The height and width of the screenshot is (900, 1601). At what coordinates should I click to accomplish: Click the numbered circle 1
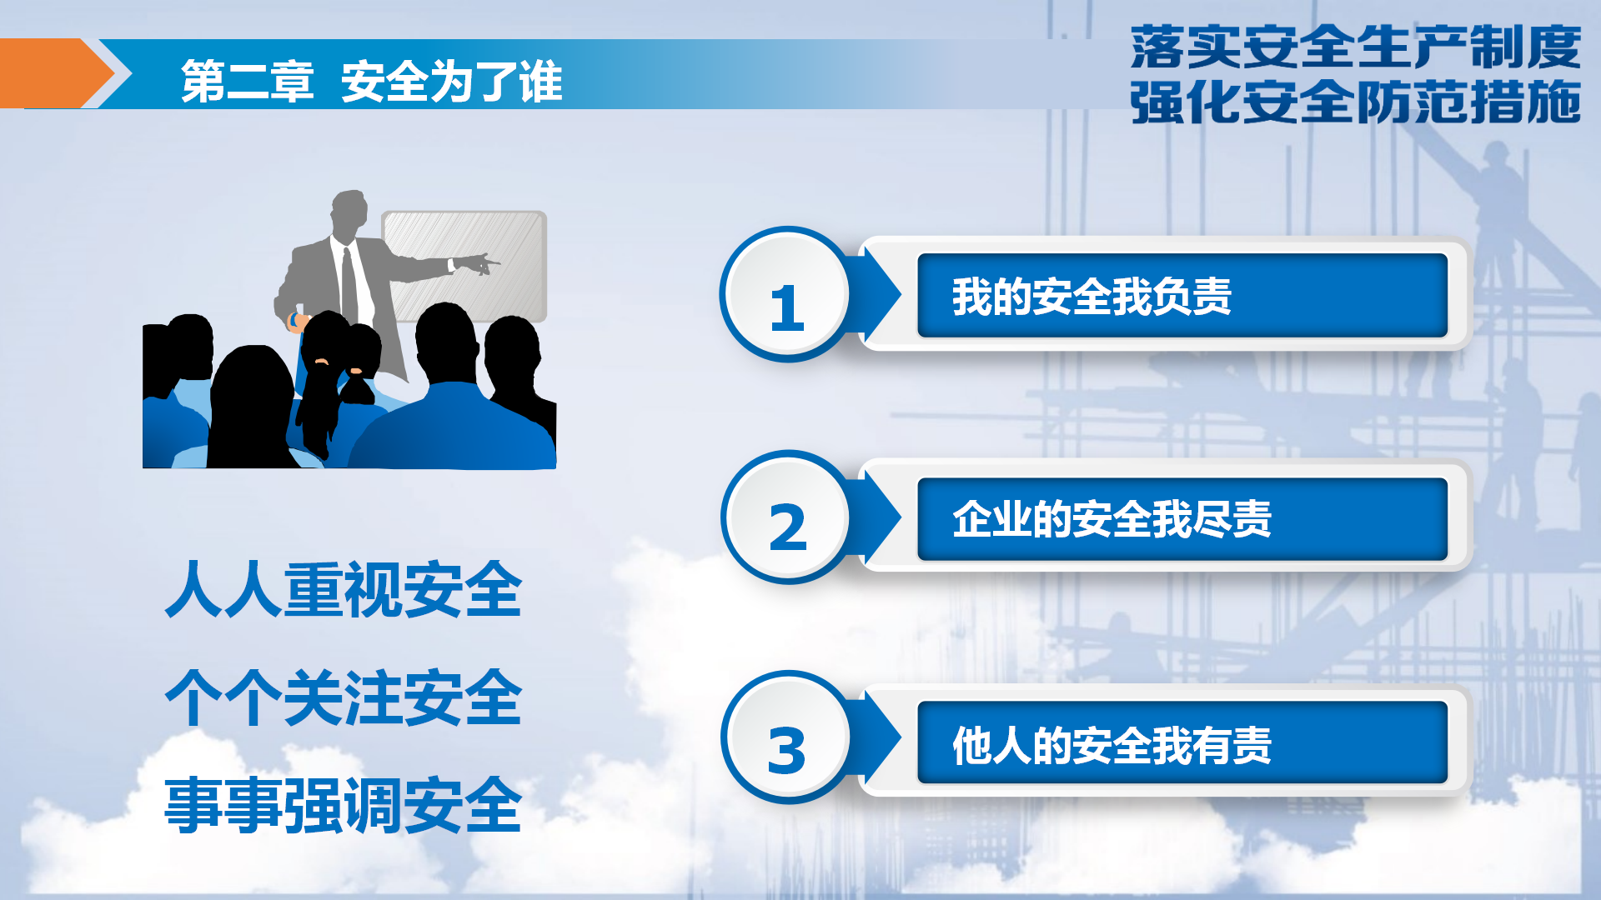pyautogui.click(x=785, y=294)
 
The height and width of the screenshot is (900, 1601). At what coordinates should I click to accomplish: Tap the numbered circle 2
pyautogui.click(x=785, y=517)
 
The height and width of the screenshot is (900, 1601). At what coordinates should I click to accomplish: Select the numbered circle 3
pyautogui.click(x=785, y=737)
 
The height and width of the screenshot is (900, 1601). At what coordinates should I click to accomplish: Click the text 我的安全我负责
pyautogui.click(x=1092, y=297)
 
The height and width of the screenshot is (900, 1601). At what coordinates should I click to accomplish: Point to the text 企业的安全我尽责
pyautogui.click(x=1112, y=519)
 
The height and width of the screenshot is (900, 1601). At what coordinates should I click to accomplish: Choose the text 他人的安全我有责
pyautogui.click(x=1112, y=745)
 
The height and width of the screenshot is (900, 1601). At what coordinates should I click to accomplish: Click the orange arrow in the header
pyautogui.click(x=57, y=73)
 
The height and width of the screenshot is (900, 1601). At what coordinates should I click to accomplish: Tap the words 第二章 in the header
pyautogui.click(x=248, y=82)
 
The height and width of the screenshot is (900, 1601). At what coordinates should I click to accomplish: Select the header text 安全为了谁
pyautogui.click(x=452, y=82)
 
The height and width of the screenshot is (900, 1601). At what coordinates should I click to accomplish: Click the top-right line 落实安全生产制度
pyautogui.click(x=1356, y=47)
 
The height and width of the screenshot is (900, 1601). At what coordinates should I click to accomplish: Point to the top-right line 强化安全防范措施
pyautogui.click(x=1356, y=102)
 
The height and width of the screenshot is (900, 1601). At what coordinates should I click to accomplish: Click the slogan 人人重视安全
pyautogui.click(x=344, y=590)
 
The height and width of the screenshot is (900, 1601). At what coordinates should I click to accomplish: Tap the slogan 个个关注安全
pyautogui.click(x=344, y=698)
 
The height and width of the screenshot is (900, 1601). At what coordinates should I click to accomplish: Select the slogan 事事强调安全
pyautogui.click(x=344, y=805)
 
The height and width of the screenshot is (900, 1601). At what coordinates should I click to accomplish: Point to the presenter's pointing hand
pyautogui.click(x=474, y=263)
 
